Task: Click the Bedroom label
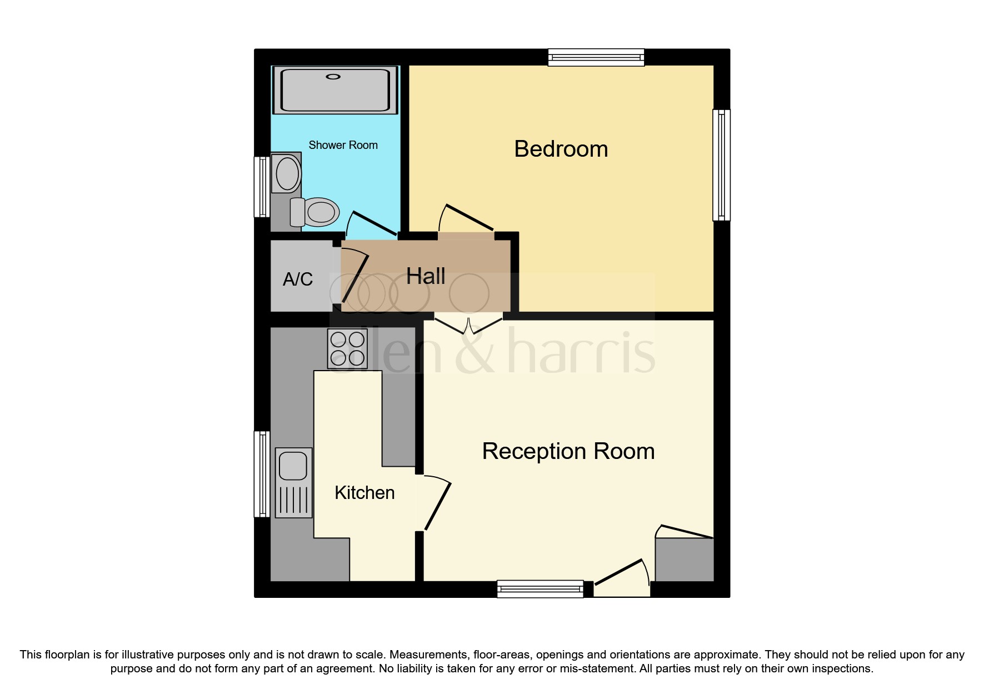[x=561, y=149]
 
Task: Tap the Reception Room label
[x=568, y=451]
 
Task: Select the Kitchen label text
[x=364, y=493]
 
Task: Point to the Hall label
[x=426, y=276]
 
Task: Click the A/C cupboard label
[x=298, y=279]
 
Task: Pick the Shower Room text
[x=343, y=145]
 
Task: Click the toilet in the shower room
[x=317, y=212]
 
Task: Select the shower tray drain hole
[x=333, y=77]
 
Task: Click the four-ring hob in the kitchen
[x=348, y=349]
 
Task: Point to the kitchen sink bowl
[x=293, y=466]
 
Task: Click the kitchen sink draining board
[x=293, y=500]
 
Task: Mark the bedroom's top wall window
[x=596, y=57]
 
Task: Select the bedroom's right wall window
[x=721, y=164]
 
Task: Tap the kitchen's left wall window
[x=262, y=474]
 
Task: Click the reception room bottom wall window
[x=540, y=588]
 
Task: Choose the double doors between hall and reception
[x=468, y=326]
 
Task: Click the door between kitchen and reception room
[x=436, y=503]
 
